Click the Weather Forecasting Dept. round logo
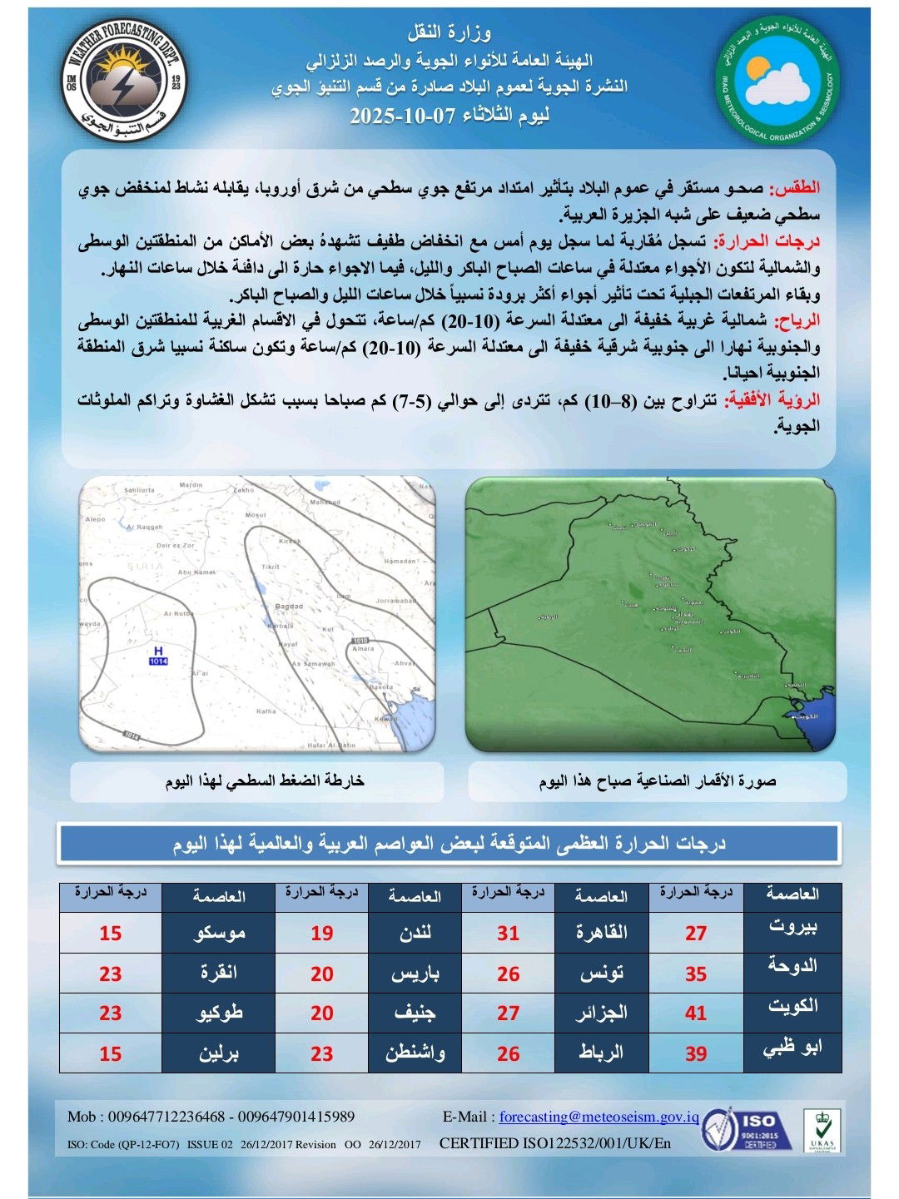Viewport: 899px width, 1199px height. click(x=123, y=82)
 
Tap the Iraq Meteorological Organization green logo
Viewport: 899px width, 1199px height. click(x=777, y=82)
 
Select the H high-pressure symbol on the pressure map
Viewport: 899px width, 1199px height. click(x=158, y=651)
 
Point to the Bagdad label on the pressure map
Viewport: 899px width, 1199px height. click(x=289, y=607)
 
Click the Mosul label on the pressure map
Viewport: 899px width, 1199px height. click(x=255, y=515)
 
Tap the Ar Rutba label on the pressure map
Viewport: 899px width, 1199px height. click(x=178, y=613)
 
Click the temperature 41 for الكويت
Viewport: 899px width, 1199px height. click(x=696, y=1013)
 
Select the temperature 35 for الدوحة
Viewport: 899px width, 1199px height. click(x=696, y=973)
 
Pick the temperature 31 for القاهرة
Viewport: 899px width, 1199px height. click(x=508, y=933)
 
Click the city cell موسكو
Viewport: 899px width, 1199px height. click(x=219, y=933)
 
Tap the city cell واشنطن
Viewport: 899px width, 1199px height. click(x=415, y=1053)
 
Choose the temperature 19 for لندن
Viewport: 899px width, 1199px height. click(x=321, y=933)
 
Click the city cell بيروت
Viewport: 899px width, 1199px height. click(x=792, y=927)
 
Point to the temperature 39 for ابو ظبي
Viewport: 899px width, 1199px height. click(x=696, y=1053)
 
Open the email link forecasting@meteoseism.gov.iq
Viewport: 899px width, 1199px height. click(x=599, y=1117)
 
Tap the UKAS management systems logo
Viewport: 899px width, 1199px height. click(x=821, y=1131)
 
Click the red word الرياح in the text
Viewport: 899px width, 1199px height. click(x=797, y=320)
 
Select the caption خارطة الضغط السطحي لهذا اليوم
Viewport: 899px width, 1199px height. click(x=265, y=780)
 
